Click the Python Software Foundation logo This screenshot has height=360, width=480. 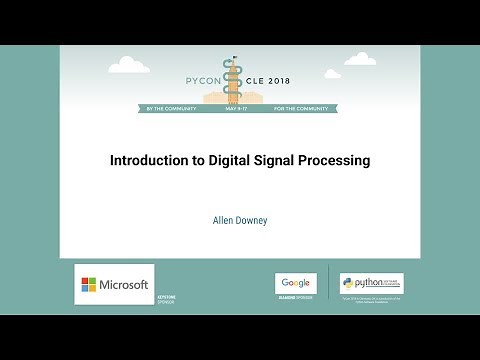pos(371,283)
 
